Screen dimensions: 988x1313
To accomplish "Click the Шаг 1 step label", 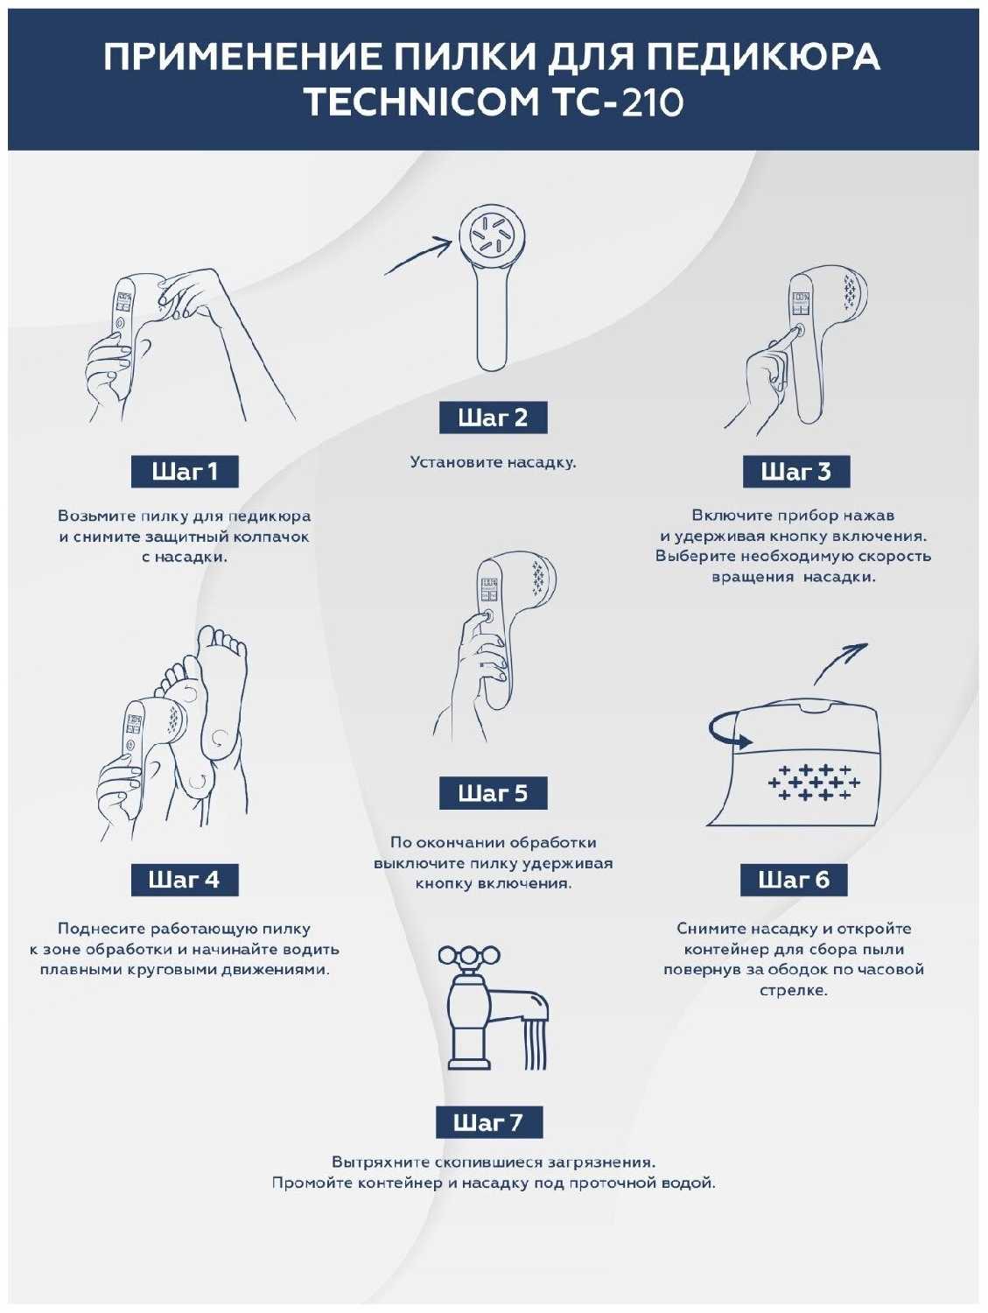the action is [x=185, y=471].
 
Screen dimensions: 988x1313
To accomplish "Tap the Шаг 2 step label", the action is [x=493, y=417].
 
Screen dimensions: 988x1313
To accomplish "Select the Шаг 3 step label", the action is [x=796, y=471].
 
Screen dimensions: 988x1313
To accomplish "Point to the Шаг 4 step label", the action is [x=185, y=880].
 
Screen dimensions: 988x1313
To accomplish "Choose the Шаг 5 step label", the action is [x=493, y=792].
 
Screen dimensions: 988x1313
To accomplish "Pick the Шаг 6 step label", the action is [x=794, y=880].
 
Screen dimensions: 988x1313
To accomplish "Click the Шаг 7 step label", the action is [x=489, y=1121].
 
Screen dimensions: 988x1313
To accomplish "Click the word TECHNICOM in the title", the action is [x=422, y=102].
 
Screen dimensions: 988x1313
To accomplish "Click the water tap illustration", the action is [x=492, y=1009].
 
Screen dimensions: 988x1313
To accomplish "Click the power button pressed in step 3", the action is [x=798, y=330].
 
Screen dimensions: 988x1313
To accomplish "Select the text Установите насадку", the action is [x=493, y=462].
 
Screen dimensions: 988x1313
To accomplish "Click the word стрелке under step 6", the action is [x=794, y=989].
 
